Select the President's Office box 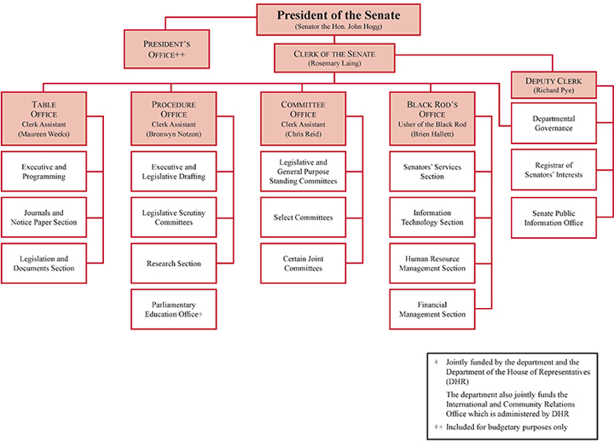tap(166, 49)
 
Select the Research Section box tap(174, 264)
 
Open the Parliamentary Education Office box tap(174, 309)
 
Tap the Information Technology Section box tap(432, 217)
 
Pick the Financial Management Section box tap(432, 309)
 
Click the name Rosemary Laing tap(336, 64)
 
